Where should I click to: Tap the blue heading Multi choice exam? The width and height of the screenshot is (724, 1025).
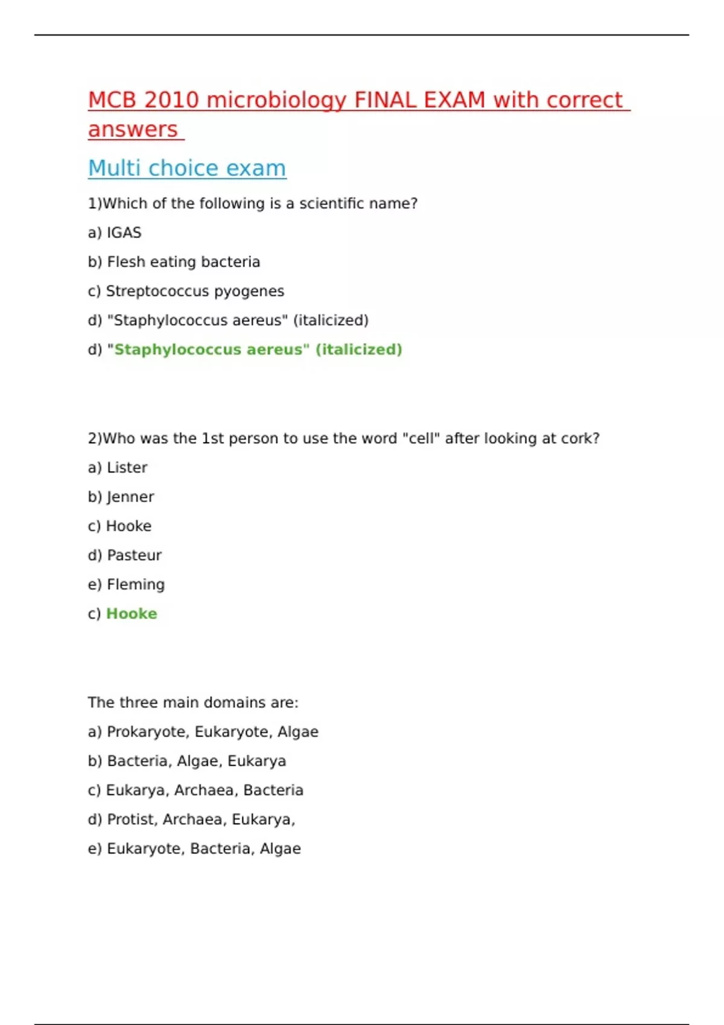click(187, 168)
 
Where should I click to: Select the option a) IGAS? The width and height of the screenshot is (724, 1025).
click(115, 233)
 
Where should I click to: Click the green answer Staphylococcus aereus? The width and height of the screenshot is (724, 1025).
click(208, 350)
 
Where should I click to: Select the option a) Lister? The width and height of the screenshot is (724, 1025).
click(118, 468)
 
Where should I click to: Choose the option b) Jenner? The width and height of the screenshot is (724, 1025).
click(121, 497)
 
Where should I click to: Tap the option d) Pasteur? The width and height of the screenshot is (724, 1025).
click(125, 555)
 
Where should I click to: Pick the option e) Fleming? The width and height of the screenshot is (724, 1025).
click(126, 584)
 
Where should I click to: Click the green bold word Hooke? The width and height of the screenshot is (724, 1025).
click(132, 614)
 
